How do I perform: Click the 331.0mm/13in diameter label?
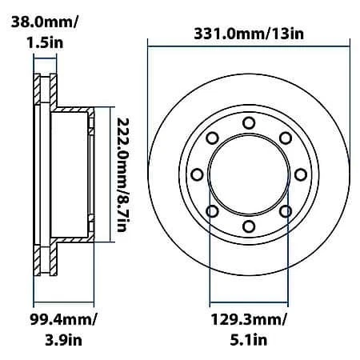(249, 34)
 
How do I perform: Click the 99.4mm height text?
(57, 320)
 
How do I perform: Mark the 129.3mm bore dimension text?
(249, 320)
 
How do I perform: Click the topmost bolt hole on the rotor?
(249, 122)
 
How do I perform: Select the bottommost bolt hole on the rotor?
(249, 226)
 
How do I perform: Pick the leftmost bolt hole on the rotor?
(197, 174)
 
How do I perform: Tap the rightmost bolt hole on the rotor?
(301, 174)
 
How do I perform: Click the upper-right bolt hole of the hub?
(286, 138)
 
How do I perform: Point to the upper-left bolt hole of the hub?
(212, 138)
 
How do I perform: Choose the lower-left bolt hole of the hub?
(212, 211)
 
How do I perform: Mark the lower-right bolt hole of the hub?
(286, 211)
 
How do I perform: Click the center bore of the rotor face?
(249, 174)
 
